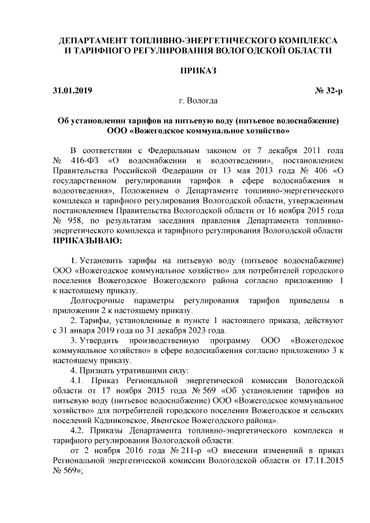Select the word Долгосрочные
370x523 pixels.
(x=96, y=300)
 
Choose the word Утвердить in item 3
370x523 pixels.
(x=98, y=340)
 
